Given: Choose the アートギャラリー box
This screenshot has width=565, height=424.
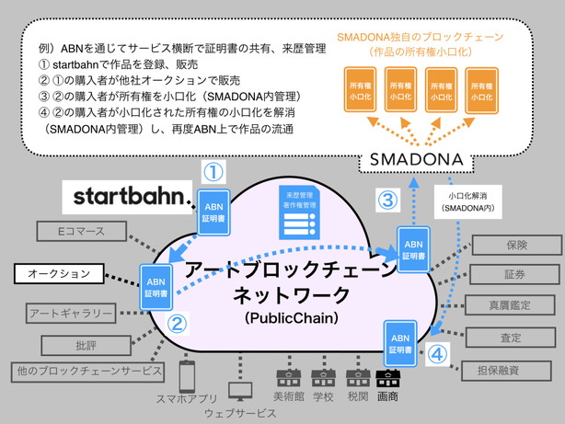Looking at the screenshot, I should click(71, 315).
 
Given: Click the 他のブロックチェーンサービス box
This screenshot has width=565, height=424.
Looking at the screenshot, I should click(89, 372).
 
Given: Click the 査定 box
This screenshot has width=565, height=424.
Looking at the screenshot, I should click(511, 338).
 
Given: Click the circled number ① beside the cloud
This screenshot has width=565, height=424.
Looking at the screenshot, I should click(213, 173).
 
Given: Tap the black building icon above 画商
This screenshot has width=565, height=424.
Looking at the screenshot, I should click(387, 377).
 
